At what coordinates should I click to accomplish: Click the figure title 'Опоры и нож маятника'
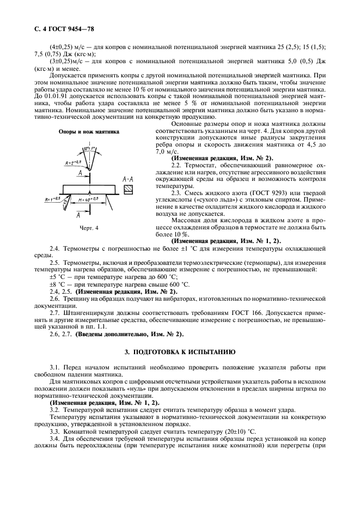point(89,132)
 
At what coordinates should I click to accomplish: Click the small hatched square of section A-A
point(129,190)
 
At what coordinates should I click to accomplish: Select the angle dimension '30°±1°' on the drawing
point(88,148)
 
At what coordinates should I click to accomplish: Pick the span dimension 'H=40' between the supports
point(88,199)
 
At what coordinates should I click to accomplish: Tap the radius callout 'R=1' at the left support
point(53,199)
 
